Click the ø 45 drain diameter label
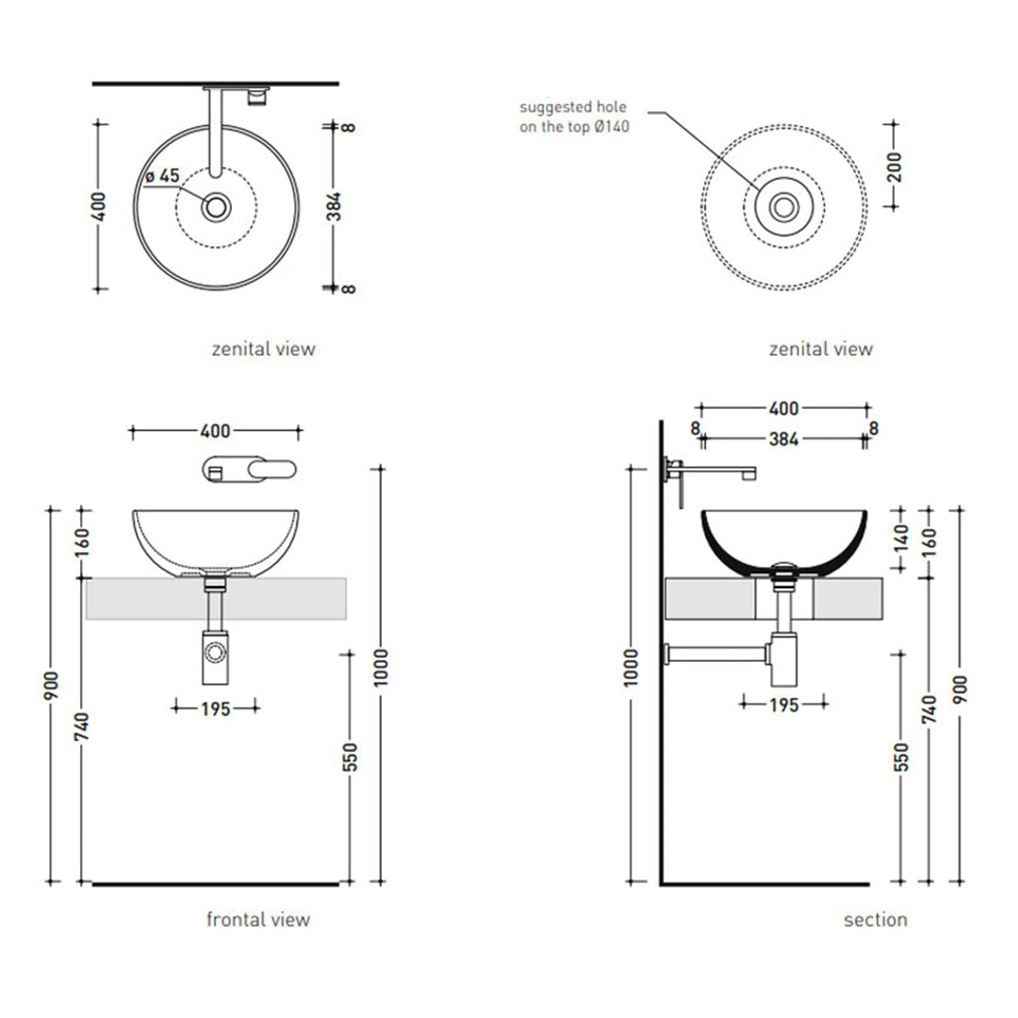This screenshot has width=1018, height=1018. (x=162, y=176)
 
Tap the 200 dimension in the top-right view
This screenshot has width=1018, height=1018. (x=894, y=166)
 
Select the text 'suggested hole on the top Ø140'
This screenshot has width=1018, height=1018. (x=574, y=117)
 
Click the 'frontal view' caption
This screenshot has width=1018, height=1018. (x=257, y=919)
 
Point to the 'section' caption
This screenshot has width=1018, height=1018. (x=875, y=919)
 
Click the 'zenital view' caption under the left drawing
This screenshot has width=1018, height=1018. (x=263, y=349)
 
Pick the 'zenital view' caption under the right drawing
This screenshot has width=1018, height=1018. (x=821, y=349)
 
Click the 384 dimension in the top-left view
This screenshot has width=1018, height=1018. (x=334, y=206)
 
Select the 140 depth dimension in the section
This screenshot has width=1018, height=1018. (x=900, y=538)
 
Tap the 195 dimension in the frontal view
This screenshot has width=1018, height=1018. (x=216, y=708)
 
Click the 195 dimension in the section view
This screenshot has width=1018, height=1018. (x=783, y=704)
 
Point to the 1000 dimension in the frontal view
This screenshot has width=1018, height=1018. (x=381, y=666)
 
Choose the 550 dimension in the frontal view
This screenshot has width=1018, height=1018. (x=350, y=757)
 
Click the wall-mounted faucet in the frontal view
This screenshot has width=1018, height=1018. (x=249, y=468)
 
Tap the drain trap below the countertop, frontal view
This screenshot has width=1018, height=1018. (x=215, y=657)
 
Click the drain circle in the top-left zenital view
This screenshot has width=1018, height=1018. (x=216, y=207)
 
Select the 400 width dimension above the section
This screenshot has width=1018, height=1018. (x=783, y=408)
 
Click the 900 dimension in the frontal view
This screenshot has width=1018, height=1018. (x=51, y=686)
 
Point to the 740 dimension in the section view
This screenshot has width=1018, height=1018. (x=929, y=709)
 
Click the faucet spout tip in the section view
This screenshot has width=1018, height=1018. (x=750, y=474)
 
